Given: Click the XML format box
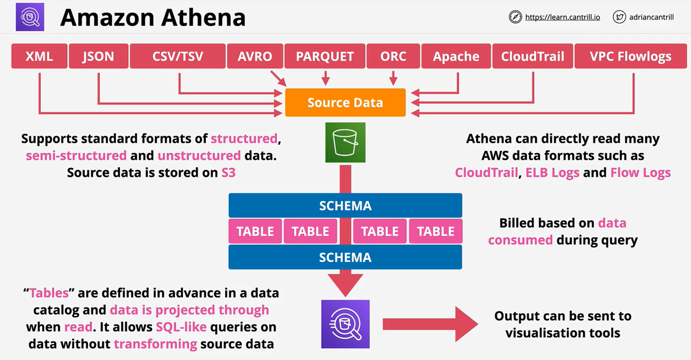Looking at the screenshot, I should [39, 57].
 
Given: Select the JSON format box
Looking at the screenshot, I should [98, 57].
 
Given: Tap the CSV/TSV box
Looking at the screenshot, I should [177, 57].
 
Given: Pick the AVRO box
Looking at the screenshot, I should [255, 57].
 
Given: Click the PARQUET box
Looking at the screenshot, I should [324, 57].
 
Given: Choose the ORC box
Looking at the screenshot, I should [393, 57].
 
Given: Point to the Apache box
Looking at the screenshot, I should [456, 57].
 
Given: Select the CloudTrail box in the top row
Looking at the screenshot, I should [532, 57].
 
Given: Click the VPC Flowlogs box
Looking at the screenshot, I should [630, 57].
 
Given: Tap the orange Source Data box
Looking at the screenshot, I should [345, 103].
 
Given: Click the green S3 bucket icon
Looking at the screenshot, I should [345, 143].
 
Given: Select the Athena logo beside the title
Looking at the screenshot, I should [29, 17].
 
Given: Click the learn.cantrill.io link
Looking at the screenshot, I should [562, 17].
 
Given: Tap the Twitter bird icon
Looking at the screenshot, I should [619, 17].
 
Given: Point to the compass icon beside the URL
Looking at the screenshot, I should [515, 17].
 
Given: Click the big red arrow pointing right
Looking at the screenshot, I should [430, 324].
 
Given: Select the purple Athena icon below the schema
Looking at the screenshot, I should [345, 324].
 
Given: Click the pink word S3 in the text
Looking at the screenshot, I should [228, 173].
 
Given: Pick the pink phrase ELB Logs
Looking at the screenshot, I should [552, 173].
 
